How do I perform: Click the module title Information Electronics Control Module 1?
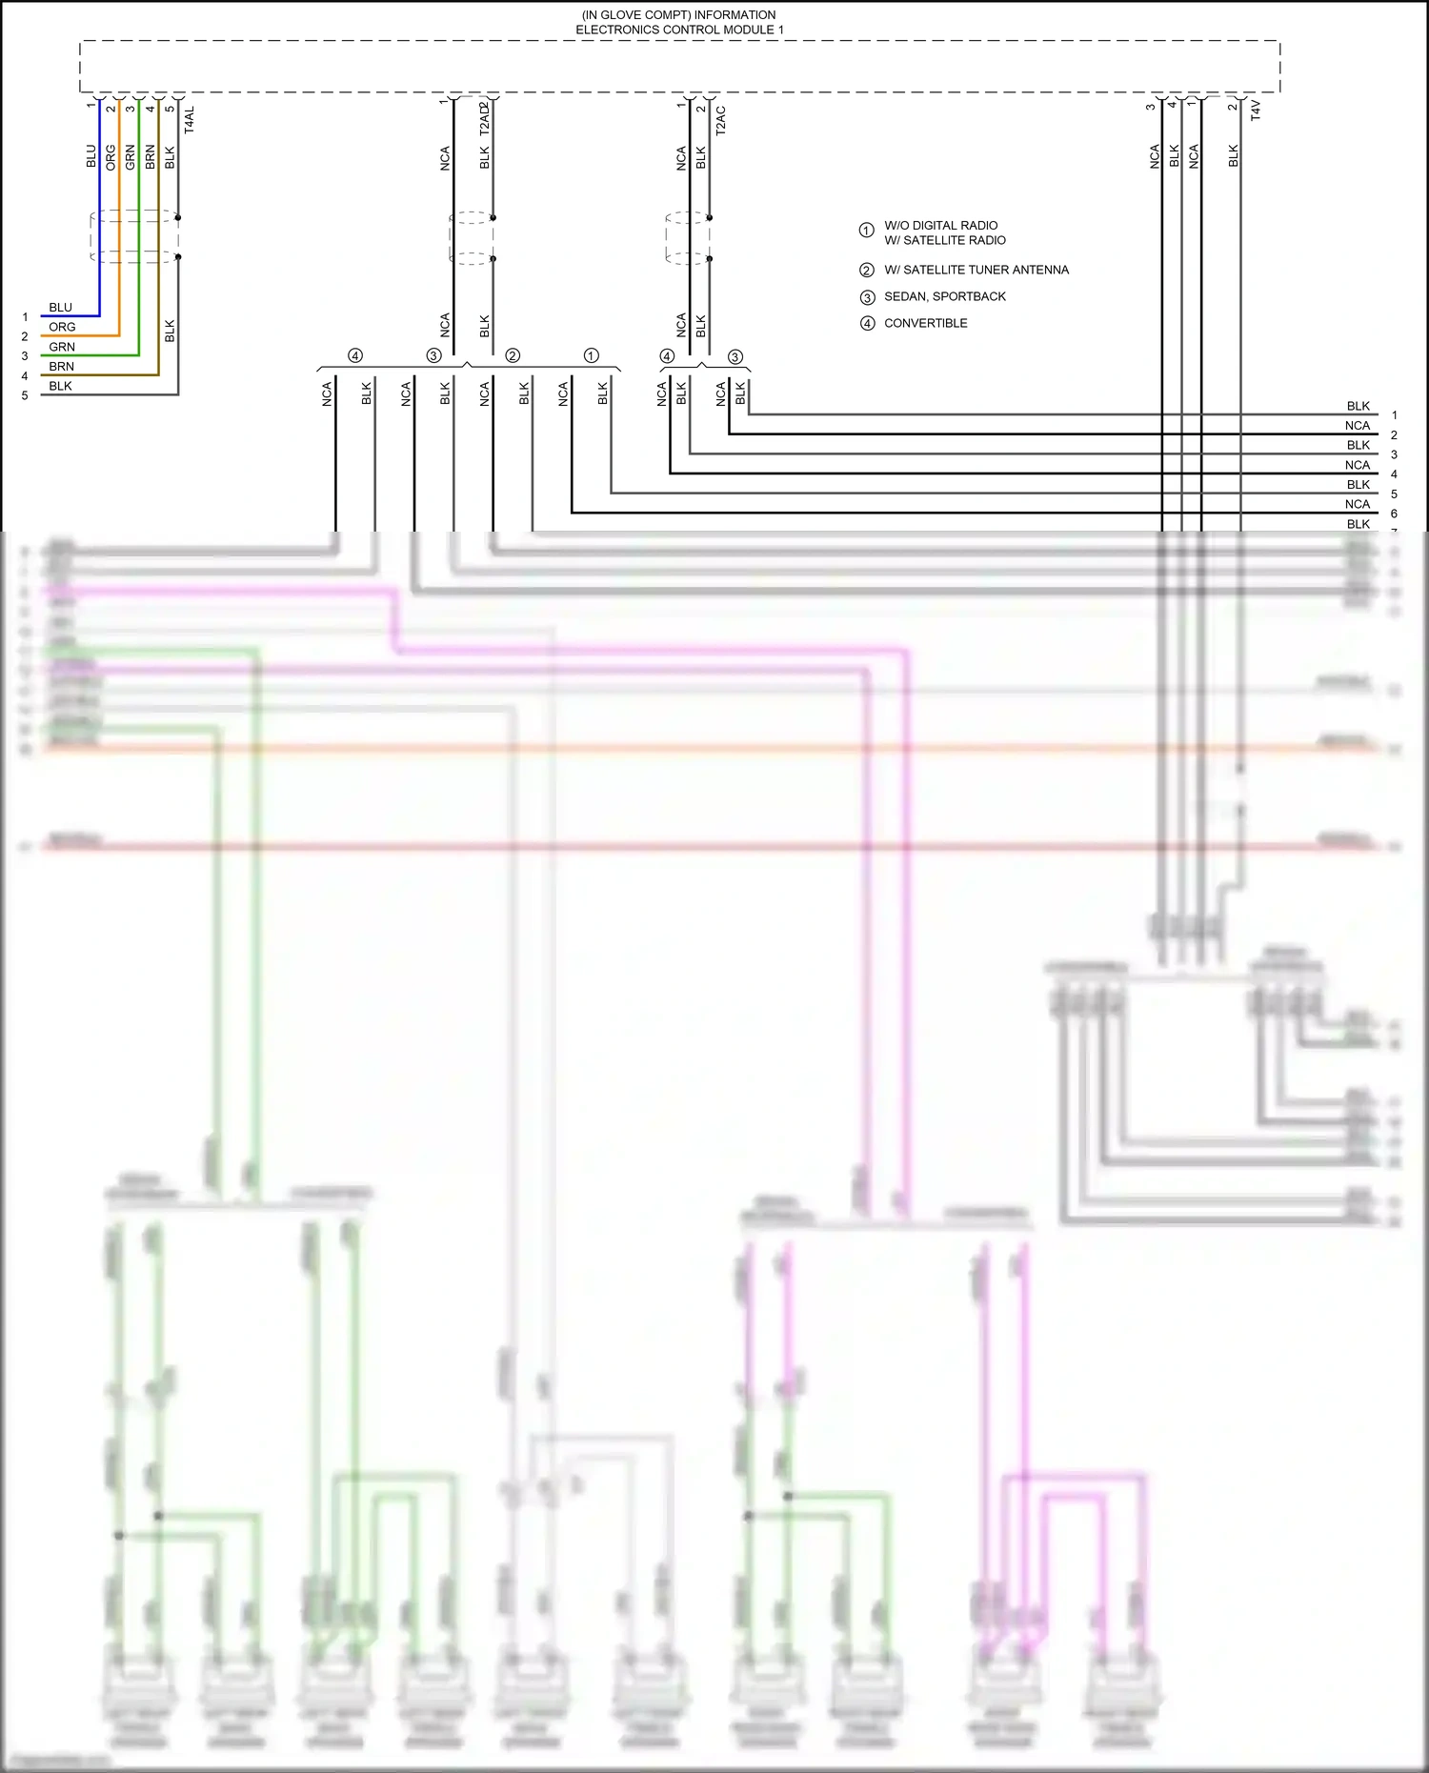679,23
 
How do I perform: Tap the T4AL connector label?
189,120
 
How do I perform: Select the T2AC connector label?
720,120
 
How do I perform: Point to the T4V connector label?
1255,110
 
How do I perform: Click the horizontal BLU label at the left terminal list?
60,308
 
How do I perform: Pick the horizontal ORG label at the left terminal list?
62,327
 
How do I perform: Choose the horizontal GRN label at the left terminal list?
62,347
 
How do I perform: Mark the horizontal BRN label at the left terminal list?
61,367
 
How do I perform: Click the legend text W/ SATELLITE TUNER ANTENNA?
976,270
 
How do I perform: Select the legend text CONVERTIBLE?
925,323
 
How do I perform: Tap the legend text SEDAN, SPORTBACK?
944,296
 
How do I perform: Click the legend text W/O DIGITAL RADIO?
940,226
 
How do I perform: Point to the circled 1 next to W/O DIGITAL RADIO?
866,231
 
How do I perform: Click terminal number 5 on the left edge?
25,395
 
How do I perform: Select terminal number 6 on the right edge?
1394,514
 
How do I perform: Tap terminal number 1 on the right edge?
1394,415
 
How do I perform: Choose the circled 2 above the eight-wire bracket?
513,355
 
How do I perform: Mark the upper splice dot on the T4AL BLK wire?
178,217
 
